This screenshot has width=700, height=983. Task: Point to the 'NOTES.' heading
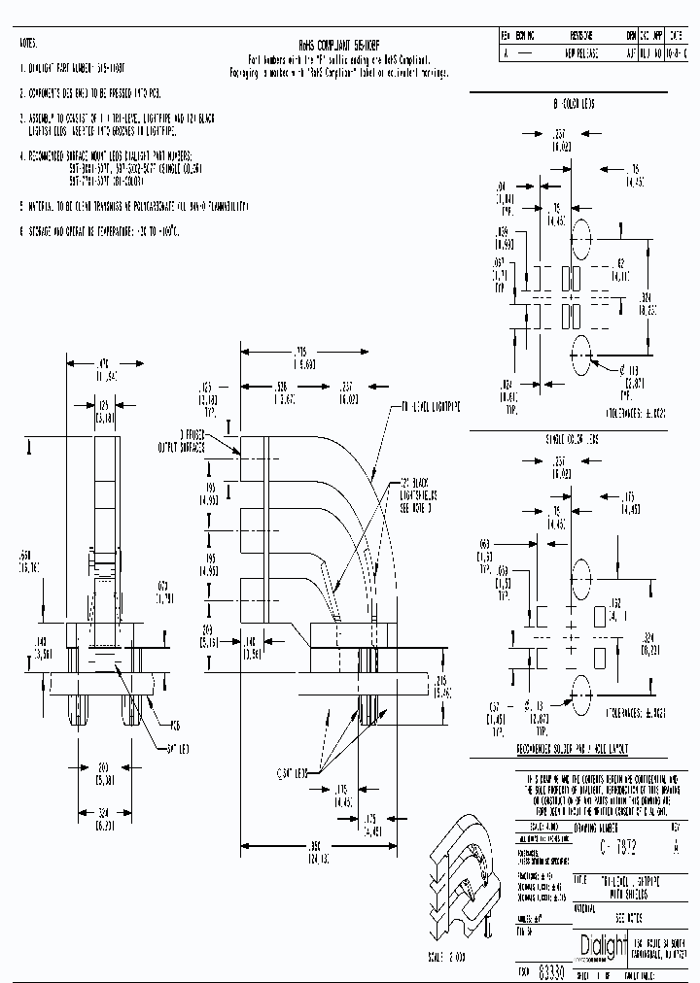[x=30, y=45]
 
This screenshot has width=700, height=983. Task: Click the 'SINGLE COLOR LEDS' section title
[x=574, y=439]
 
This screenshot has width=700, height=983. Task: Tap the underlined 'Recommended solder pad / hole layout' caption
[x=573, y=751]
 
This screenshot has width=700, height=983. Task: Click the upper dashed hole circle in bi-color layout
[x=581, y=237]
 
